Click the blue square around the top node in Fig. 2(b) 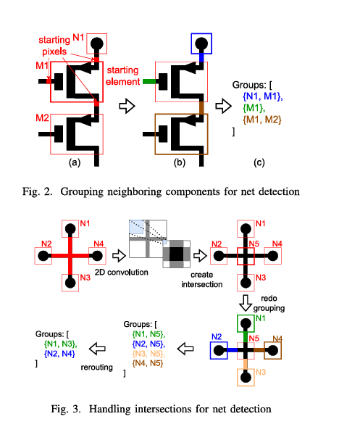(x=201, y=34)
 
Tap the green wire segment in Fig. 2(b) (x=149, y=81)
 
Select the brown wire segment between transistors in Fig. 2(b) (x=201, y=107)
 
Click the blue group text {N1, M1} (x=263, y=96)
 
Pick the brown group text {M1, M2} (x=262, y=120)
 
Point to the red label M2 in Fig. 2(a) (x=42, y=118)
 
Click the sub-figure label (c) (x=259, y=162)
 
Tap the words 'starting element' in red (x=122, y=76)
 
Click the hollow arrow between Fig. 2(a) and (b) (x=127, y=106)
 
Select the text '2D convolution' (x=122, y=273)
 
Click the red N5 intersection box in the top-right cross (x=246, y=248)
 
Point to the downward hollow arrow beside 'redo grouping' (x=246, y=303)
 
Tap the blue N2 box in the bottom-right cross (x=211, y=350)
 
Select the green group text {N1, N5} (x=148, y=334)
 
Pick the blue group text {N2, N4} (x=59, y=354)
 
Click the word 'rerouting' (x=96, y=367)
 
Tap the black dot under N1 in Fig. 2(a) (x=96, y=43)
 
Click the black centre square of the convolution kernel (x=176, y=254)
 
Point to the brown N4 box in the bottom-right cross (x=281, y=350)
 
